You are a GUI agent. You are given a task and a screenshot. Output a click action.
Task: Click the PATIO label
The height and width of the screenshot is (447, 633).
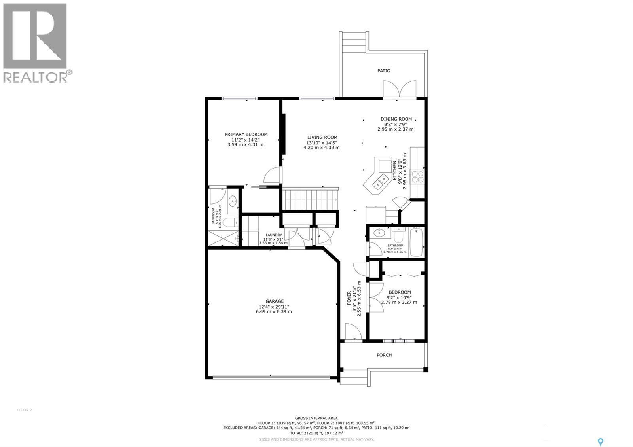[383, 71]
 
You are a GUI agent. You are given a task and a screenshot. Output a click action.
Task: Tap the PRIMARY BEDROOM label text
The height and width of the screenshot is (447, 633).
[246, 134]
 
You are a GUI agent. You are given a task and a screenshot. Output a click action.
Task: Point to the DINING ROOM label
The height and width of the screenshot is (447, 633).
[396, 119]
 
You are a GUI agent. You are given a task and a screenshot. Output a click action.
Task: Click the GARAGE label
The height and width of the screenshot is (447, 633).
[274, 301]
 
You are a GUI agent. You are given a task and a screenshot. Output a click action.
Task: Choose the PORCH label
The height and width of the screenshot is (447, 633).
[384, 355]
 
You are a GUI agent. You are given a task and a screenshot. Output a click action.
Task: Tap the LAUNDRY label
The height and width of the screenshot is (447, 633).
[274, 235]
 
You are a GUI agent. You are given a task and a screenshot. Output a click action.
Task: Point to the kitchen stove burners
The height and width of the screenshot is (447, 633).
[417, 176]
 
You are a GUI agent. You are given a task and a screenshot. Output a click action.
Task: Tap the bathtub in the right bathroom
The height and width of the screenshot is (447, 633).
[417, 242]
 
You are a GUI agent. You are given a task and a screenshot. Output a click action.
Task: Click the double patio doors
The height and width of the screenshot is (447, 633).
[400, 89]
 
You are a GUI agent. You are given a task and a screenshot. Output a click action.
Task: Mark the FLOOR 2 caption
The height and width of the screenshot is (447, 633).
[24, 410]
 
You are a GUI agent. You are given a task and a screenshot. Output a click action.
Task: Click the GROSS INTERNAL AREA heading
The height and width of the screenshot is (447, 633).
[316, 418]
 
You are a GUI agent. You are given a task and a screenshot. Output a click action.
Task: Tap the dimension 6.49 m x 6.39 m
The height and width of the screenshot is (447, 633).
[274, 311]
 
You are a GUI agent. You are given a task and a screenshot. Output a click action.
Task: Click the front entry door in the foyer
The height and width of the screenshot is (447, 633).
[353, 331]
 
